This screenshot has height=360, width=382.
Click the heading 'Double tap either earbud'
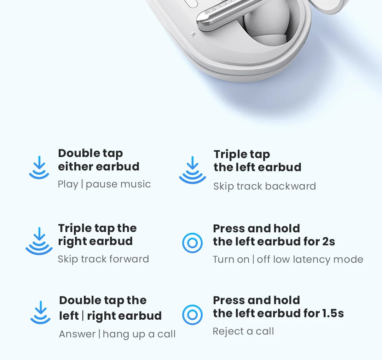click(x=99, y=160)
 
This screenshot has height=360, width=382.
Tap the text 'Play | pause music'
click(x=104, y=184)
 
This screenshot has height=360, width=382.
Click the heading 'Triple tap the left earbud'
click(x=257, y=161)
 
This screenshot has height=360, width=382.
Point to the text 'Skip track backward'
click(x=264, y=186)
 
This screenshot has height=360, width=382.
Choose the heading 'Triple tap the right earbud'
click(x=97, y=235)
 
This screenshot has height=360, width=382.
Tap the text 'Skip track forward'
click(x=103, y=259)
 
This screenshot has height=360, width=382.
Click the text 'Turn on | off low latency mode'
click(x=288, y=260)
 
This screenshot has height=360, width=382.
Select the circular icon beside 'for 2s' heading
click(x=192, y=243)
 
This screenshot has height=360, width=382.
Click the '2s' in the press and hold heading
click(x=328, y=242)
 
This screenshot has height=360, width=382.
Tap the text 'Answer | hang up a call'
click(x=117, y=334)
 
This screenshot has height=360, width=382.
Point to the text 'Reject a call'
click(x=243, y=331)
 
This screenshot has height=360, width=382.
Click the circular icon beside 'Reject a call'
click(x=192, y=315)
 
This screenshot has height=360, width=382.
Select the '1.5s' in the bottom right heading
click(x=333, y=313)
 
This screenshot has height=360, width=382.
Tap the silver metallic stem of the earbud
click(x=226, y=12)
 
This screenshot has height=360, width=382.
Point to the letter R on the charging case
click(x=193, y=35)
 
